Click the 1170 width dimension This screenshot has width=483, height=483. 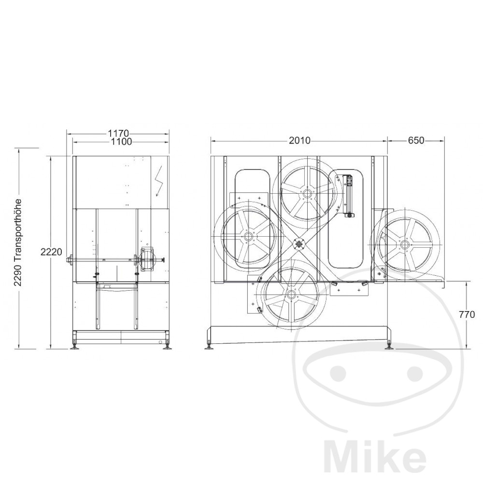tap(118, 134)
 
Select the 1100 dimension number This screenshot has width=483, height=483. tap(121, 142)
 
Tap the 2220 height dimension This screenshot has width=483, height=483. tap(51, 252)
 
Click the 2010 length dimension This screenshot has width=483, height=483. tap(300, 141)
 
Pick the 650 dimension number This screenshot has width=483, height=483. tap(416, 141)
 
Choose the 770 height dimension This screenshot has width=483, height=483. tap(467, 315)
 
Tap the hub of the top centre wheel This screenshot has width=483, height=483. tap(307, 194)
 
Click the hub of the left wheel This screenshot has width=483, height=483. tap(248, 237)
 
